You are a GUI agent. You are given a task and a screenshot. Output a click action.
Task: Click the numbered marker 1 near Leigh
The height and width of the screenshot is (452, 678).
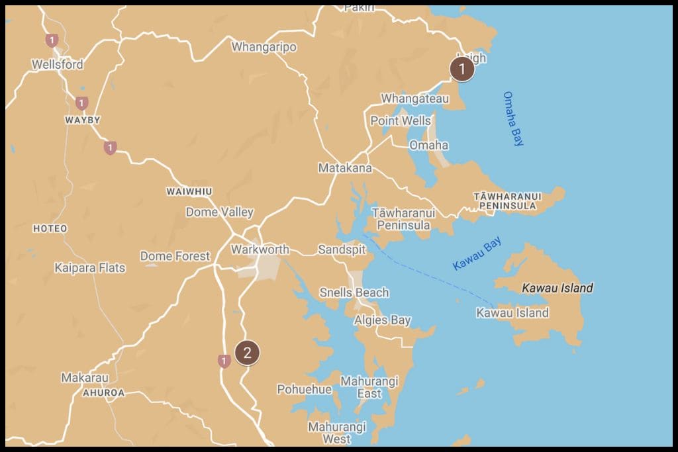pos(461,69)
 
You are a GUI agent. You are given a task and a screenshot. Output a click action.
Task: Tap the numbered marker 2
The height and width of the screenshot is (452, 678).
pos(247,353)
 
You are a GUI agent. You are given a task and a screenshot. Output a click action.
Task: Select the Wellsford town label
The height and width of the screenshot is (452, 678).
pos(58,65)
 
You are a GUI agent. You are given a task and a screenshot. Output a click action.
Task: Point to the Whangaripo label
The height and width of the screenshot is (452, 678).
pos(264,47)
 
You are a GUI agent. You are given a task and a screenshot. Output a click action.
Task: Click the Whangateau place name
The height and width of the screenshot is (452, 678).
pos(414,99)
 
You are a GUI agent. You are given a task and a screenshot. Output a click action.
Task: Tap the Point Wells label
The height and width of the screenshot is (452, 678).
pos(400,120)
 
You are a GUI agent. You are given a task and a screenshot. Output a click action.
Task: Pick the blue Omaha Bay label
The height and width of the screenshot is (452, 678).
pos(513,118)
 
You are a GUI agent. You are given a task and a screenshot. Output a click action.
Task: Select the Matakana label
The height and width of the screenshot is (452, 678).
pos(345,168)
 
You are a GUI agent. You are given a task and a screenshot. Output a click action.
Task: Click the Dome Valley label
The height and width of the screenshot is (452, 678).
pos(219,212)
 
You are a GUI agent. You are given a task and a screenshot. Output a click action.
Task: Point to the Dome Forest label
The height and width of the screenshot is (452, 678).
pos(175,256)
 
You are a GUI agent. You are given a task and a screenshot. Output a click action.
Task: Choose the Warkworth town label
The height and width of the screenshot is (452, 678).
pos(260,249)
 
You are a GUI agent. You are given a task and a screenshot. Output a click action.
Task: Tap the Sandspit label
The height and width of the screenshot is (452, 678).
pos(342,249)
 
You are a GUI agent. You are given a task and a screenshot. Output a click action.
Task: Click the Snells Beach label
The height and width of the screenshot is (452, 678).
pos(354,293)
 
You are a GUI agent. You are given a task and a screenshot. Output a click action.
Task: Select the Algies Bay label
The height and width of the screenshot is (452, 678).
pos(382,320)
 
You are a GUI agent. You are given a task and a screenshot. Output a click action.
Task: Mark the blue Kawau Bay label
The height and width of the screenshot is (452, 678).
pos(477,254)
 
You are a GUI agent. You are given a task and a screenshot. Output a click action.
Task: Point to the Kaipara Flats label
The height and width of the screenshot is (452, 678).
pos(89,268)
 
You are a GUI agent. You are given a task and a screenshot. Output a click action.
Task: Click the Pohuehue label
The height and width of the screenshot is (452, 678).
pos(304,389)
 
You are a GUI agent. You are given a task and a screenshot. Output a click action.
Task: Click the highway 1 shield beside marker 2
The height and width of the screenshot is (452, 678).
pos(224,361)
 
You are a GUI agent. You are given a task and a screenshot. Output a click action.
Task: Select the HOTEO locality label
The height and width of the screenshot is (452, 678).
pos(50,228)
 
